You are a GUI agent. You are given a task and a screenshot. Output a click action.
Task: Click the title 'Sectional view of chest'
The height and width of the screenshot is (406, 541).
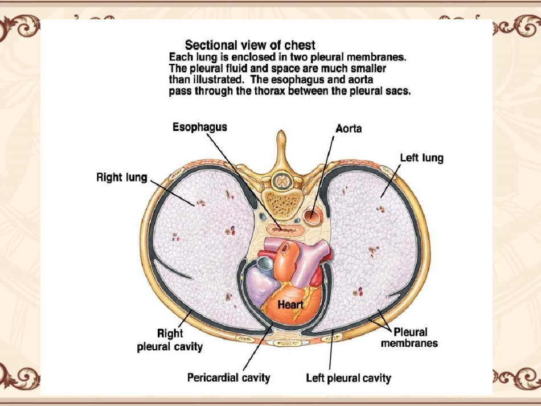point(250,45)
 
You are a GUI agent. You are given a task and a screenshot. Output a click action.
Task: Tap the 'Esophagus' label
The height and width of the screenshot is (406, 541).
point(200,126)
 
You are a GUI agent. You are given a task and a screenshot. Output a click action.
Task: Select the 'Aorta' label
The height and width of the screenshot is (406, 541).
point(349,129)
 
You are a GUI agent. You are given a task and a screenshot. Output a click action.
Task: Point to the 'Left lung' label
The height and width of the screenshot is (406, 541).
point(421,158)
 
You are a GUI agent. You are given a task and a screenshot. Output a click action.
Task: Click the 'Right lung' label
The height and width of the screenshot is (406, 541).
point(122,178)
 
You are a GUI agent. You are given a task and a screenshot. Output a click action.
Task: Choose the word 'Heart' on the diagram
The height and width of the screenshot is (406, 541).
point(290,305)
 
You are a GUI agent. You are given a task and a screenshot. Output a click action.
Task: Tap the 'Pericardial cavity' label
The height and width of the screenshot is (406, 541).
point(229,378)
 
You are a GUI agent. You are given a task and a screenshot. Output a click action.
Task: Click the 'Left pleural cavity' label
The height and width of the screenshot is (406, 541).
point(349,378)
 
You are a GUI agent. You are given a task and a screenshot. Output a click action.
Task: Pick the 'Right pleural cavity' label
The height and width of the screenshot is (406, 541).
point(170,340)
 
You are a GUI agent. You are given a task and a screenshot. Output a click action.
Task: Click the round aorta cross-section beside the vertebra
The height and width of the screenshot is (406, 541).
point(313,217)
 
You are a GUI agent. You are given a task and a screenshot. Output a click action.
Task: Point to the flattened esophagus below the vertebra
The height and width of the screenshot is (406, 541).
point(283,229)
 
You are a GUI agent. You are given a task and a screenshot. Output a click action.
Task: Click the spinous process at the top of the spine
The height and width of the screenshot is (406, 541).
point(280,145)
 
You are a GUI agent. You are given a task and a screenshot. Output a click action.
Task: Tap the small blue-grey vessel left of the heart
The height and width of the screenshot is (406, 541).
point(265,264)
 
